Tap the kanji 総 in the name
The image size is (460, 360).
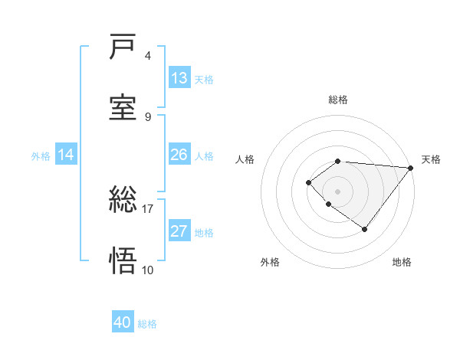click(123, 201)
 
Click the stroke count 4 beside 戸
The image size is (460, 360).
click(148, 56)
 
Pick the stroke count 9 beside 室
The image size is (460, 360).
click(148, 116)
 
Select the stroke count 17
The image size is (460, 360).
click(147, 208)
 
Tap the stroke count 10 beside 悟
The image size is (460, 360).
click(147, 270)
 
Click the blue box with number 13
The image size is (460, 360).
click(179, 78)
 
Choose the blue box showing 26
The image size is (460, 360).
click(179, 155)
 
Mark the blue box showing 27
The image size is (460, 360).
click(179, 231)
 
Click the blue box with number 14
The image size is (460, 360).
click(66, 155)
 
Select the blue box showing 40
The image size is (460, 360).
click(123, 322)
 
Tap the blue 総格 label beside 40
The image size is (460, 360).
click(147, 324)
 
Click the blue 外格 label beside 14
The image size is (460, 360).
click(41, 155)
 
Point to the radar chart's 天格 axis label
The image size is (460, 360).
click(431, 159)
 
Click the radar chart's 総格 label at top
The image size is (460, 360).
click(338, 100)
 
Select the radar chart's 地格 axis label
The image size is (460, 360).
click(402, 263)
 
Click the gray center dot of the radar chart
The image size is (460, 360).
click(338, 191)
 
